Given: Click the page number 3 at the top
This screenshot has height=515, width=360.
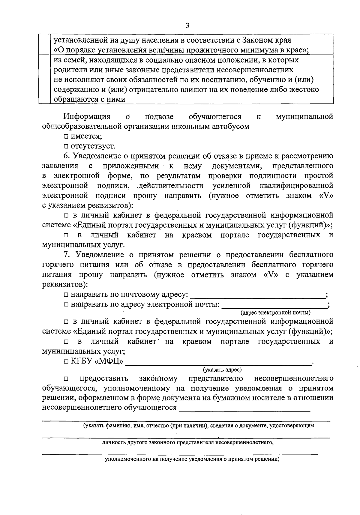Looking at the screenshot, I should (187, 26).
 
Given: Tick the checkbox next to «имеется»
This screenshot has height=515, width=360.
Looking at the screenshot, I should (66, 137).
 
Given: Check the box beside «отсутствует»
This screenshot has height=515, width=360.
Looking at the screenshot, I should (66, 147).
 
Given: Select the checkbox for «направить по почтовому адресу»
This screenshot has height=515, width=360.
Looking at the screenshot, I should (66, 295).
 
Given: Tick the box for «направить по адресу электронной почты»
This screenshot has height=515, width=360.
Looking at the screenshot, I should (66, 305).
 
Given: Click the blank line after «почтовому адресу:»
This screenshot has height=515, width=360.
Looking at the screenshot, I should (257, 295).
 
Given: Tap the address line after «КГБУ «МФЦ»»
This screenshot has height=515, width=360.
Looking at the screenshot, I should (218, 362).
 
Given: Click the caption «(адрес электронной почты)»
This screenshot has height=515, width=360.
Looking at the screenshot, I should (275, 313).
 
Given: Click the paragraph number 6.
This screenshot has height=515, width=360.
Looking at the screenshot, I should (66, 156).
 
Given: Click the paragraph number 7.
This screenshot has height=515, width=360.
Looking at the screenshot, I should (66, 255).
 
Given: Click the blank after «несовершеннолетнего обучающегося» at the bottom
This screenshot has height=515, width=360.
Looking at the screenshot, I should (244, 409).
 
